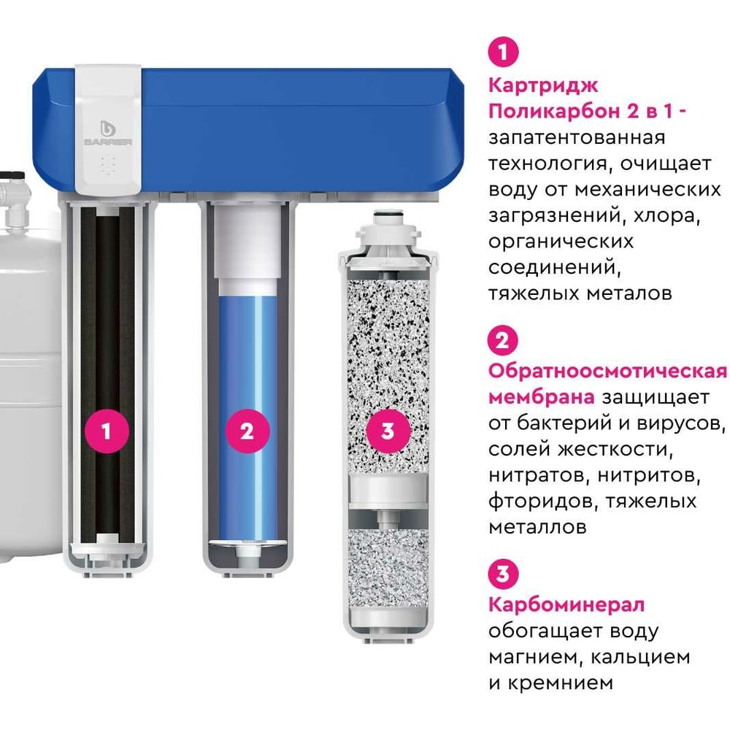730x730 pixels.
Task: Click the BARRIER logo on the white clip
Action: pyautogui.click(x=109, y=133)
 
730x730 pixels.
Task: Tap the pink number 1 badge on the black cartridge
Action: pyautogui.click(x=107, y=431)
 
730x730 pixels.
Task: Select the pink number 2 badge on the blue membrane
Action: pyautogui.click(x=247, y=431)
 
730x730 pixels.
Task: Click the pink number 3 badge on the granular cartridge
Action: pyautogui.click(x=388, y=431)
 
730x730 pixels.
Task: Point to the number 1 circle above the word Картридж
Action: pyautogui.click(x=503, y=51)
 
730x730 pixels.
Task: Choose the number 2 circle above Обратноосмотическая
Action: pyautogui.click(x=503, y=341)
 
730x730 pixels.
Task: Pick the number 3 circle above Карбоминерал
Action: pyautogui.click(x=503, y=574)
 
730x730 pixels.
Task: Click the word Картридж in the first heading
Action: pyautogui.click(x=543, y=85)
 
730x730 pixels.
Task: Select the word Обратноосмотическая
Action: pyautogui.click(x=607, y=372)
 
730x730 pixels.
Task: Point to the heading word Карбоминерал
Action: pyautogui.click(x=566, y=604)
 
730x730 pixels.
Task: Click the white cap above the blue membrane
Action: pyautogui.click(x=247, y=249)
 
